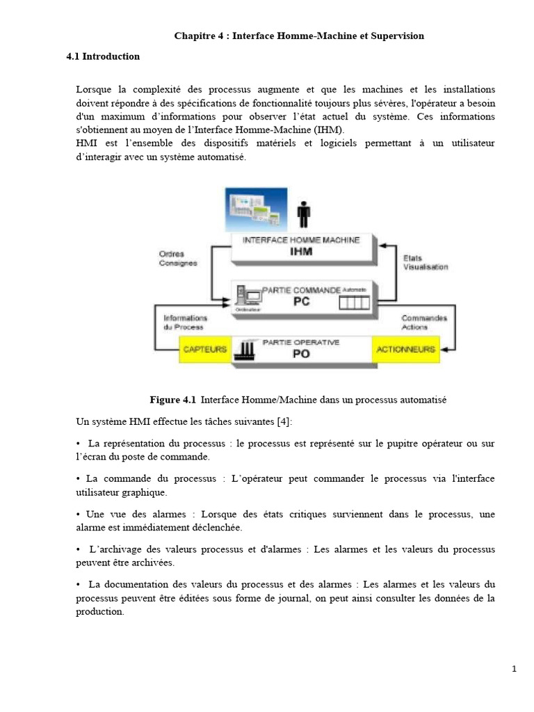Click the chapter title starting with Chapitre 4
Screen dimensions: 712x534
(298, 35)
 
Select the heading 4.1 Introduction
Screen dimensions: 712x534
(103, 56)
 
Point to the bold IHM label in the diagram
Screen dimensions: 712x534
(301, 251)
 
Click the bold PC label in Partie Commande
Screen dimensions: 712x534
(301, 302)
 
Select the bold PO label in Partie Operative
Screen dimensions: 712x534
(301, 353)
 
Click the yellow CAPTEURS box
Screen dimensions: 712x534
(204, 349)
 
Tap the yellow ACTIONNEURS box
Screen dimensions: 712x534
(405, 349)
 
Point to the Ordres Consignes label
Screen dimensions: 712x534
(178, 258)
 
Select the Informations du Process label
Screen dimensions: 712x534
(185, 322)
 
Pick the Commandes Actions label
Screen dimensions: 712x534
(424, 323)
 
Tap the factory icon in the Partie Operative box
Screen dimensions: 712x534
(247, 350)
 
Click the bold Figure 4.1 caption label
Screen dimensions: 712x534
(173, 400)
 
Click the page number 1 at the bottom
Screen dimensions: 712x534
(514, 669)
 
